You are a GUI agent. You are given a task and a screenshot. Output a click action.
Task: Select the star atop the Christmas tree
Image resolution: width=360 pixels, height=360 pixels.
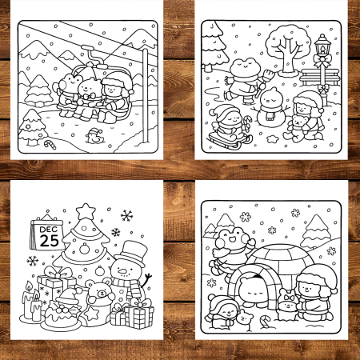[86, 211]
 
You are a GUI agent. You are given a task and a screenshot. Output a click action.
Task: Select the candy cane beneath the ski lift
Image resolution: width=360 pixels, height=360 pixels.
[50, 145]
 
